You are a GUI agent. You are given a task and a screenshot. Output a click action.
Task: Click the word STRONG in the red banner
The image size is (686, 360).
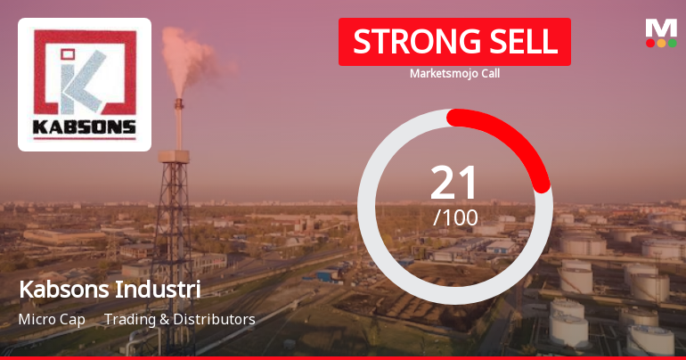tap(407, 41)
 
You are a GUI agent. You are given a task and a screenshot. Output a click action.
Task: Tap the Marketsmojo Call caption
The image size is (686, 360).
tap(454, 73)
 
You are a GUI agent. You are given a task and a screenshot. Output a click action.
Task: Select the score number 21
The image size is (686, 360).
tap(454, 182)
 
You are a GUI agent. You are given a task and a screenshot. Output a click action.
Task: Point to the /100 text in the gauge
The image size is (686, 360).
tap(454, 217)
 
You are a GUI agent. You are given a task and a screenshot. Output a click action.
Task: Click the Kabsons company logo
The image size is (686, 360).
tap(85, 85)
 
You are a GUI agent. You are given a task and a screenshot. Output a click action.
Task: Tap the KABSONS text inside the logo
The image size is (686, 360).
tap(85, 127)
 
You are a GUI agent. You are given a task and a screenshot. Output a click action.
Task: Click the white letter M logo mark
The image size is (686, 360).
tap(661, 28)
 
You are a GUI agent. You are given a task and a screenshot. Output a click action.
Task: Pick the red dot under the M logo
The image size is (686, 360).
tap(649, 43)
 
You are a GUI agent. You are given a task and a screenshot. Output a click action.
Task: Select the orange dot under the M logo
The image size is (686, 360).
tap(661, 43)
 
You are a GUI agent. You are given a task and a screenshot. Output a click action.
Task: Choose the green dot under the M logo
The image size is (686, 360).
tap(673, 43)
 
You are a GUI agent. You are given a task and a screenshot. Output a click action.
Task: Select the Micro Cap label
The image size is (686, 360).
tap(52, 319)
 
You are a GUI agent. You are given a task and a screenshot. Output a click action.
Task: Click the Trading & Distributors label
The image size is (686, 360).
tap(180, 319)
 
